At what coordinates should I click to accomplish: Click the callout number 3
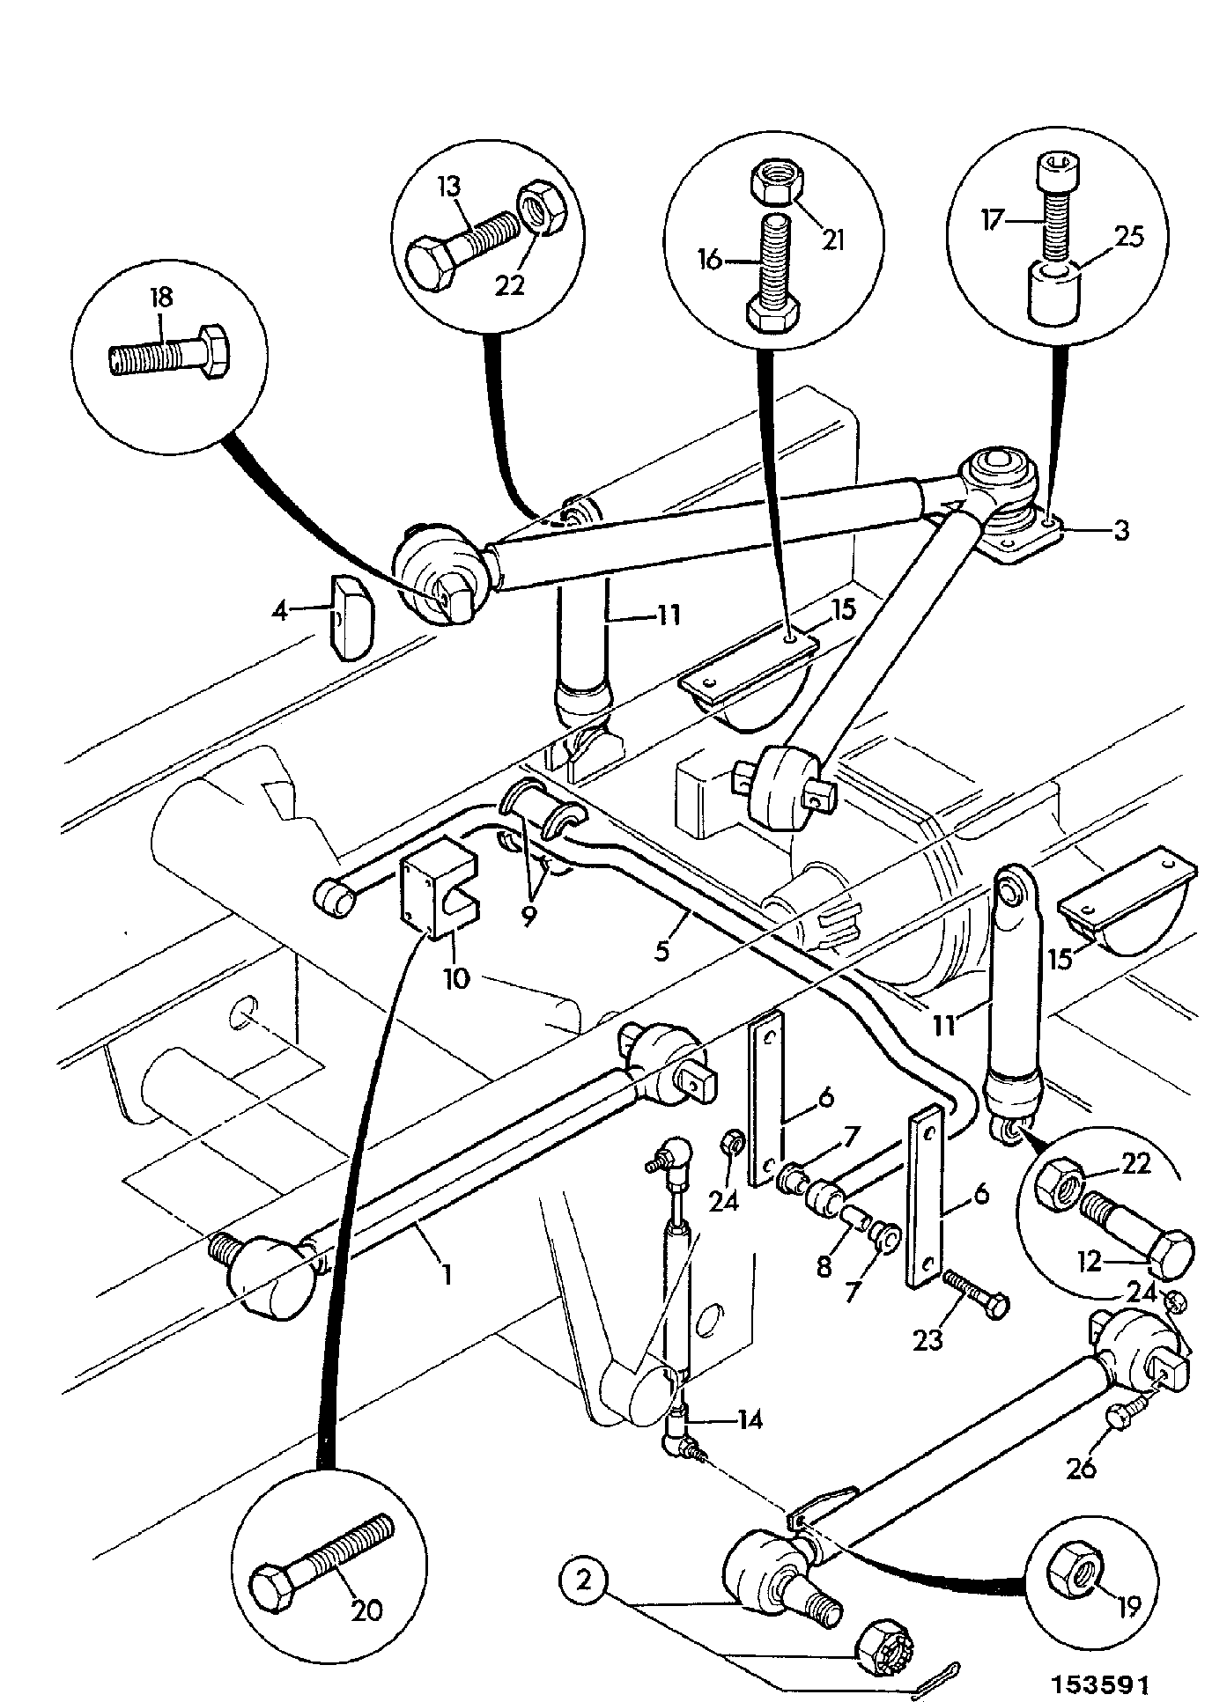(x=1120, y=531)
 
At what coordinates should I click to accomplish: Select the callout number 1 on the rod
(x=447, y=1274)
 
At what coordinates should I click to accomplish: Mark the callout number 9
(x=528, y=916)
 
